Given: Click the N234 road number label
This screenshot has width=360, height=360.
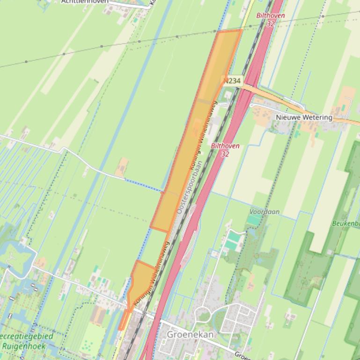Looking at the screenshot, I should pyautogui.click(x=232, y=81).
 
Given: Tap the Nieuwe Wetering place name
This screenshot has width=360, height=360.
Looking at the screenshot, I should pyautogui.click(x=304, y=117).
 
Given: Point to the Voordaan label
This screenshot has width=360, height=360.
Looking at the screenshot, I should pyautogui.click(x=264, y=212).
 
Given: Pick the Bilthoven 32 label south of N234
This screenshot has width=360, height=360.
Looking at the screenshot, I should pyautogui.click(x=225, y=150).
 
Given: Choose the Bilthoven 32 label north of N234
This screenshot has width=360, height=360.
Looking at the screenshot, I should pyautogui.click(x=270, y=19).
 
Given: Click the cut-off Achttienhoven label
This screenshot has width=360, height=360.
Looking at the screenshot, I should pyautogui.click(x=85, y=1).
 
